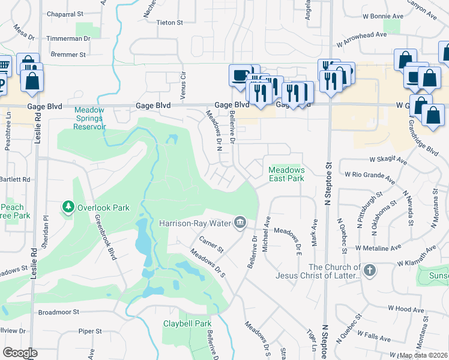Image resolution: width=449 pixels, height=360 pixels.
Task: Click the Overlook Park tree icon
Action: tap(68, 208)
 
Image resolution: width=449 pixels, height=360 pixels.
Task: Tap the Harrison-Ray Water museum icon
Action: tap(240, 223)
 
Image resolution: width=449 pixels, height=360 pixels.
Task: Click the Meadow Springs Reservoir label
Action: tap(89, 118)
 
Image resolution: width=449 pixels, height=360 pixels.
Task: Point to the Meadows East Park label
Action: tap(286, 174)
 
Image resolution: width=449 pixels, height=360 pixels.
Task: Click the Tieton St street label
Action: tap(169, 23)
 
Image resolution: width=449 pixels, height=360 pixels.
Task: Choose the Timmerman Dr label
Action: tap(70, 38)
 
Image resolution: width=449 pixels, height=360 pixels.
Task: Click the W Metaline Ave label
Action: tap(378, 247)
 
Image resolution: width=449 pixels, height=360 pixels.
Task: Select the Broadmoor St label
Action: tap(59, 312)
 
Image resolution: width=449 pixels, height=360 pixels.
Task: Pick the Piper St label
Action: tap(91, 331)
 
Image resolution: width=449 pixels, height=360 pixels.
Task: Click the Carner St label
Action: tap(211, 245)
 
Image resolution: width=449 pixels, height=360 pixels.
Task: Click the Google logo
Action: tap(20, 352)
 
